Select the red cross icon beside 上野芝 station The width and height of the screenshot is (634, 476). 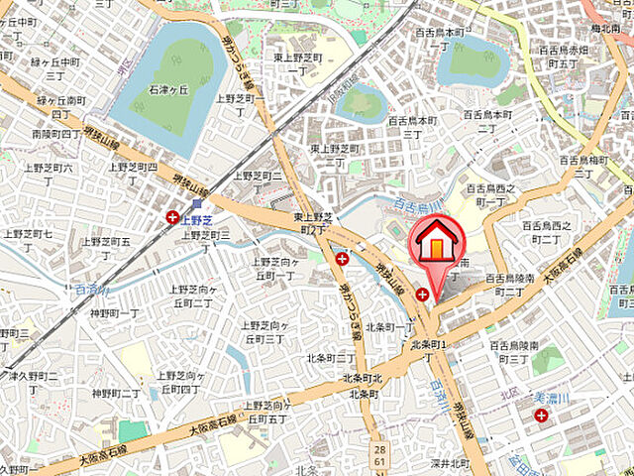173,216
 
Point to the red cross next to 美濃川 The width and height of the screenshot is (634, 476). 541,415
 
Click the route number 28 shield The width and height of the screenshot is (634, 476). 379,450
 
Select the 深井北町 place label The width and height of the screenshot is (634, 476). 446,463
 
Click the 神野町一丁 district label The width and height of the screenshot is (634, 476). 114,313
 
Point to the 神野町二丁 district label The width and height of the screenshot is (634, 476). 117,394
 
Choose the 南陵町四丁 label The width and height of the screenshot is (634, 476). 56,133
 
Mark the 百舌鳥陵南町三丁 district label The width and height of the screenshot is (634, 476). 513,352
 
